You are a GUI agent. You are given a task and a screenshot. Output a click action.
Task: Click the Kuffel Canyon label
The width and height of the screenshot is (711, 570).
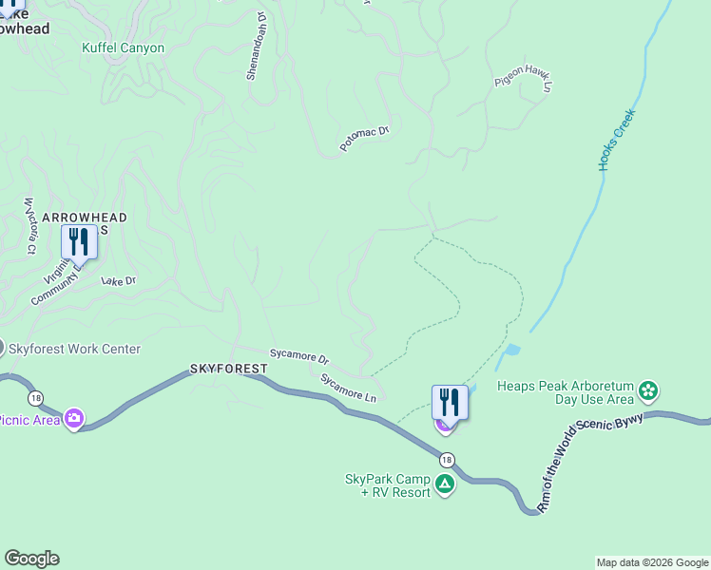click(x=123, y=47)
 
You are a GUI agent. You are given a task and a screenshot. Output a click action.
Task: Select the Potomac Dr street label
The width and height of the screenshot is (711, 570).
click(x=365, y=139)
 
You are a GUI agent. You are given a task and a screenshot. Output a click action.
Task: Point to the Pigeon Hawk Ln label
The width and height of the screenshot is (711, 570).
click(x=524, y=82)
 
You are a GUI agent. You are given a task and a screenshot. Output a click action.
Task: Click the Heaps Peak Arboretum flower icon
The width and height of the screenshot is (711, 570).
click(x=648, y=390)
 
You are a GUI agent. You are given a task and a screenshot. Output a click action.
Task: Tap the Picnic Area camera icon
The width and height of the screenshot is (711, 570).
click(x=73, y=419)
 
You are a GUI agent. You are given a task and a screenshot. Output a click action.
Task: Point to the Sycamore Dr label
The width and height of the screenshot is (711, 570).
click(x=298, y=357)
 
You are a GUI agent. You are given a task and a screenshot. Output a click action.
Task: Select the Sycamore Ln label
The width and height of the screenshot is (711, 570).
click(x=348, y=389)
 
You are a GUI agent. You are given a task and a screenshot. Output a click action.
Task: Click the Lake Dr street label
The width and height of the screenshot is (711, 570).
click(x=119, y=281)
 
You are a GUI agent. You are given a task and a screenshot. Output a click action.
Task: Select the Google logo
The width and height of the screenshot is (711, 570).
click(x=31, y=559)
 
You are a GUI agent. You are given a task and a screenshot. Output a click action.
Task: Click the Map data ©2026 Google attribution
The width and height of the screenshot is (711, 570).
click(x=651, y=562)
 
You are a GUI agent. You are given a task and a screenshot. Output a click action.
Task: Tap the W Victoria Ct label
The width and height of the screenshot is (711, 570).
click(x=30, y=225)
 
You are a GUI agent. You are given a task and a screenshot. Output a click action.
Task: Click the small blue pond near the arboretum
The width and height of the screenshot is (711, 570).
click(x=512, y=351)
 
